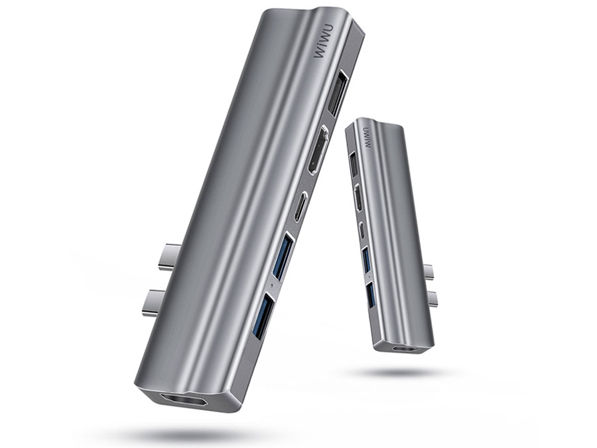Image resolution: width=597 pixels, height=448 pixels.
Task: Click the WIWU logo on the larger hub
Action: [x=324, y=41]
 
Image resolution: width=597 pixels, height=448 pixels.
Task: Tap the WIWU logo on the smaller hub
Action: [x=367, y=137]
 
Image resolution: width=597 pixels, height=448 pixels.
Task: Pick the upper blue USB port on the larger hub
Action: [x=283, y=256]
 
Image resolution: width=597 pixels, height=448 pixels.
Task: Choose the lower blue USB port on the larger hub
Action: [x=263, y=315]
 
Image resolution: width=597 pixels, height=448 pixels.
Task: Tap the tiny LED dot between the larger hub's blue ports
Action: [x=271, y=285]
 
